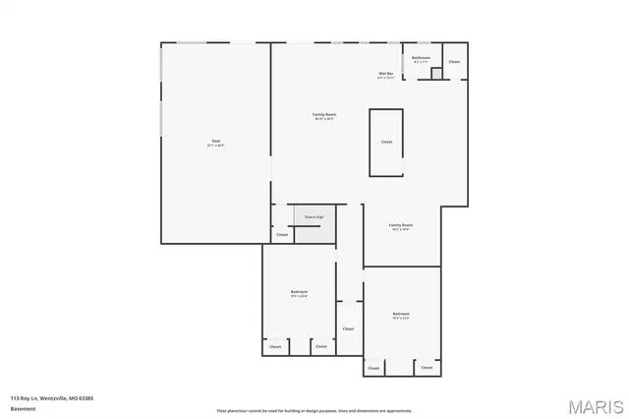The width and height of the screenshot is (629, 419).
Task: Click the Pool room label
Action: pos(214,142)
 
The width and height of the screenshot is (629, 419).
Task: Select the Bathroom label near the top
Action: pos(421,57)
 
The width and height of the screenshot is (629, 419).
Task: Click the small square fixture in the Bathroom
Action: pos(436,73)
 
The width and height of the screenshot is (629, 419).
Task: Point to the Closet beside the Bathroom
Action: pos(453,62)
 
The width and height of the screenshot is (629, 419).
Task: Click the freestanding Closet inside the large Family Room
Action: pos(386,143)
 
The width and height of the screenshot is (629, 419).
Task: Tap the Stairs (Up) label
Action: pos(314,217)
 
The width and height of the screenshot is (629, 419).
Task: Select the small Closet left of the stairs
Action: pos(282,234)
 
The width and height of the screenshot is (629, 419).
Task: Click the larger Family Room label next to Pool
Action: pos(324,116)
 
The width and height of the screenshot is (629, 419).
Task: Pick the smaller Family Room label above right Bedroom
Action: pos(400,225)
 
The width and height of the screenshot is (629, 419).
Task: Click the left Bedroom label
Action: pos(299,292)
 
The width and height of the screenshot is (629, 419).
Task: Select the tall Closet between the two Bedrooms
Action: pos(348,329)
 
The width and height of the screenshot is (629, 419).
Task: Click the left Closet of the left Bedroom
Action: pos(275,346)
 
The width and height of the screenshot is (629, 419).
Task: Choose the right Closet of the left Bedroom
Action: pos(320,346)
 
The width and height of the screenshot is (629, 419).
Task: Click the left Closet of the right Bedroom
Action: pos(373,368)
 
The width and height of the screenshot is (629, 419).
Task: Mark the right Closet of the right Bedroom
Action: pos(425,368)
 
